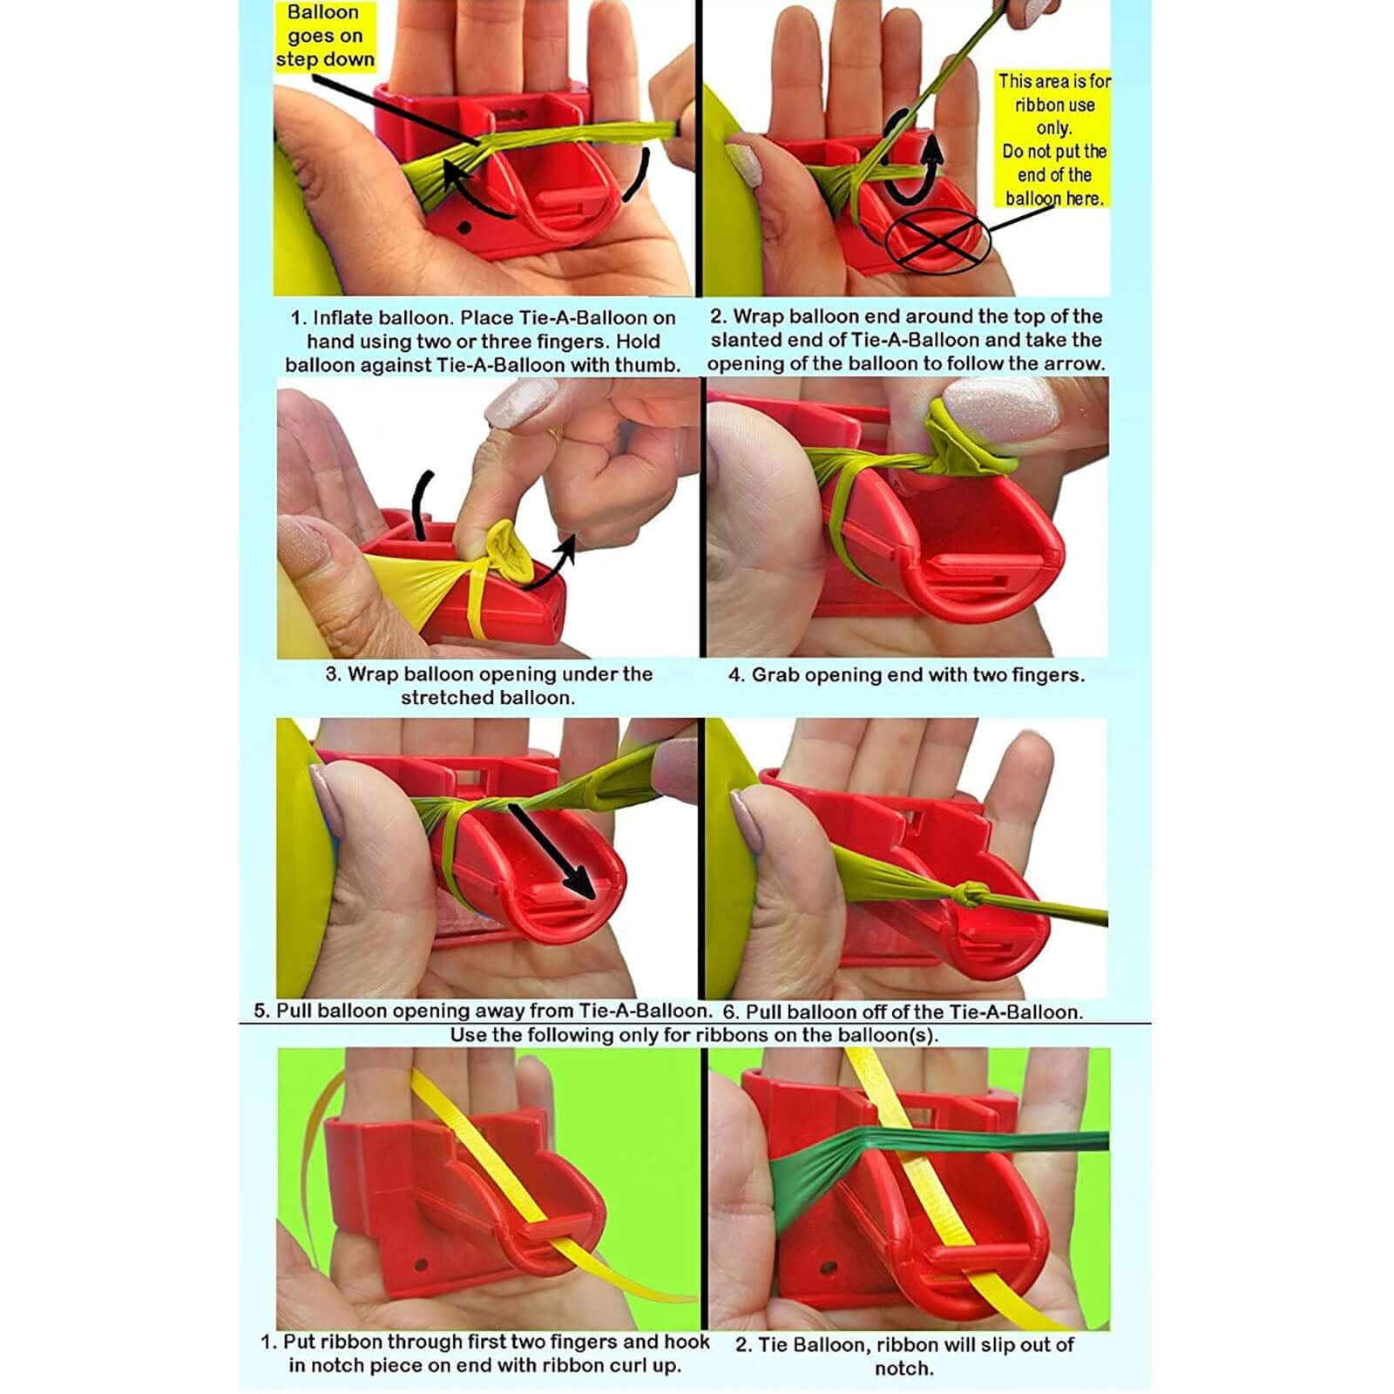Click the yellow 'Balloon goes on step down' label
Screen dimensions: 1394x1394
tap(325, 37)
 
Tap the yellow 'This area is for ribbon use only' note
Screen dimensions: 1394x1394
tap(1053, 139)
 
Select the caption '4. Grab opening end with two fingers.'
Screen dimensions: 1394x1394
tap(906, 674)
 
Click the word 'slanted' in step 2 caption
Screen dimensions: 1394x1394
tap(746, 341)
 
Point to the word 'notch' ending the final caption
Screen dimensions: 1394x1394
tap(903, 1369)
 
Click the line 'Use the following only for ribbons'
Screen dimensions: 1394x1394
tap(694, 1035)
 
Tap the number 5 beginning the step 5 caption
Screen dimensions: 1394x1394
tap(261, 1012)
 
